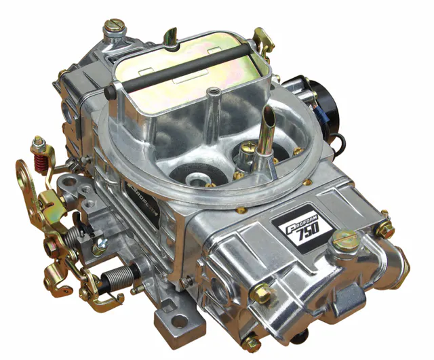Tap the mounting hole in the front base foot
[x=179, y=321]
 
